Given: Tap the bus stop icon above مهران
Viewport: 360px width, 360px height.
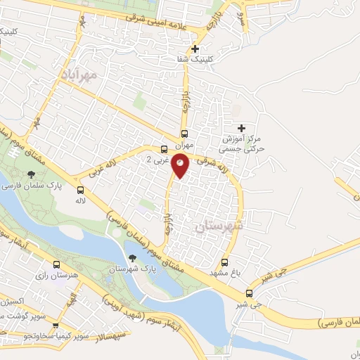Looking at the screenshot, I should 184,134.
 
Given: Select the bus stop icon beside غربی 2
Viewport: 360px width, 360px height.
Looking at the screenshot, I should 164,149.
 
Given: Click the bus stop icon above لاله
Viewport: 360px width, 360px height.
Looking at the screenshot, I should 81,190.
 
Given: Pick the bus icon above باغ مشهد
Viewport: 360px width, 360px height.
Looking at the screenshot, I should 224,262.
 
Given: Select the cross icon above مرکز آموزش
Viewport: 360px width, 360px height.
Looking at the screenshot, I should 241,128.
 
